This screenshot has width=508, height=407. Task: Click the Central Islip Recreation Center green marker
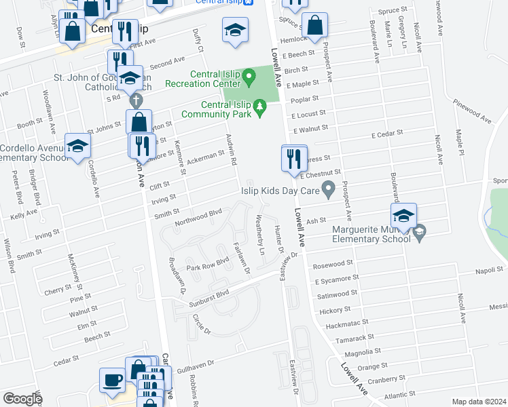(x=249, y=78)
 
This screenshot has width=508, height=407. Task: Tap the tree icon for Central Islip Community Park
(x=259, y=108)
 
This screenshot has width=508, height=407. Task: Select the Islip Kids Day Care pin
(x=329, y=189)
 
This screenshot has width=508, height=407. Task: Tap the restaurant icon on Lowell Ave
(x=294, y=159)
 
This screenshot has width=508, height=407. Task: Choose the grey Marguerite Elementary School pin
(x=419, y=231)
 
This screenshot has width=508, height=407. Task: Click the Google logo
(x=22, y=399)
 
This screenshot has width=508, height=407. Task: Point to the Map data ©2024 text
(x=479, y=402)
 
